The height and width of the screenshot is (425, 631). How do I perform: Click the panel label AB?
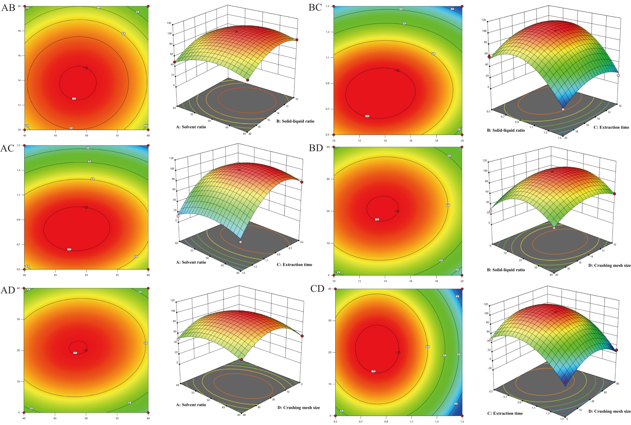point(8,8)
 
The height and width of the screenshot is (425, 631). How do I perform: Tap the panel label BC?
point(315,7)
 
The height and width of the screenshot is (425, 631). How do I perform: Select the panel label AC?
point(7,148)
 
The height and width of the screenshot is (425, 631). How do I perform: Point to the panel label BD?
point(316,148)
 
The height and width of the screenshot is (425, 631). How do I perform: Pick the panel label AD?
point(8,290)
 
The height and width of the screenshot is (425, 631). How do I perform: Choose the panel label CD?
point(317,289)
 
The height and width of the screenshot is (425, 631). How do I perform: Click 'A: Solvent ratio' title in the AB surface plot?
point(191,127)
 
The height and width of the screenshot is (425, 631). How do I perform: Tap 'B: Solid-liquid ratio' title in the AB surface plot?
point(295,121)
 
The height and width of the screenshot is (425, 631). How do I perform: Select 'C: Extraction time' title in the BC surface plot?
point(611,127)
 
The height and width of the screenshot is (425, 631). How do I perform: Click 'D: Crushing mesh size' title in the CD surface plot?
point(609,411)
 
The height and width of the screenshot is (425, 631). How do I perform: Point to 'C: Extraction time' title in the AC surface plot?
point(294,265)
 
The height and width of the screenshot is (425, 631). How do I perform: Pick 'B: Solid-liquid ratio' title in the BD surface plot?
point(506,270)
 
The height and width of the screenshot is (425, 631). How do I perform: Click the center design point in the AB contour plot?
point(87,68)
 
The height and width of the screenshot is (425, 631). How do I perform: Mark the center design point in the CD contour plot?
point(399,352)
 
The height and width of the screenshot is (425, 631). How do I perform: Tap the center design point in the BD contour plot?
point(398,211)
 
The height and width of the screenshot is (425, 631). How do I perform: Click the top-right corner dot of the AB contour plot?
point(148,6)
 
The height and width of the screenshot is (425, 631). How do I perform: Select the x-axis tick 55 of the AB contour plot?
point(117,136)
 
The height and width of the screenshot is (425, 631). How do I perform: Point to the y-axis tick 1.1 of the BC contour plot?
point(328,58)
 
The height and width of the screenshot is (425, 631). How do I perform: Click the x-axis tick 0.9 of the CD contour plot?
point(386,422)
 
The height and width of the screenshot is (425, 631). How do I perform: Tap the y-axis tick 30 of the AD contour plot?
point(18,319)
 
